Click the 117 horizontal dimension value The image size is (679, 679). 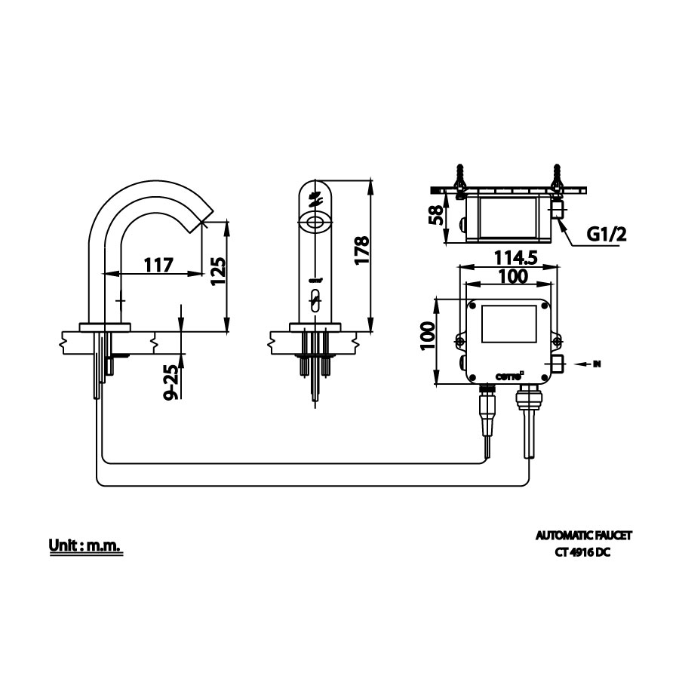(158, 265)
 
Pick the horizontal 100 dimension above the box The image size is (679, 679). (513, 276)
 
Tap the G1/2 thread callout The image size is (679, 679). (607, 235)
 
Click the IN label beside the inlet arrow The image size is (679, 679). (597, 364)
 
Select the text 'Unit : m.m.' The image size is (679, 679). (85, 545)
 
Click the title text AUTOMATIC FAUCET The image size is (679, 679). (584, 536)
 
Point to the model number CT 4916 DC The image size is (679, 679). (584, 551)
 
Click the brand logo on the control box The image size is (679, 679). (506, 374)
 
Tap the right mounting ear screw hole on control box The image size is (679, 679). (557, 343)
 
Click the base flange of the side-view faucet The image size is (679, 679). (106, 327)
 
